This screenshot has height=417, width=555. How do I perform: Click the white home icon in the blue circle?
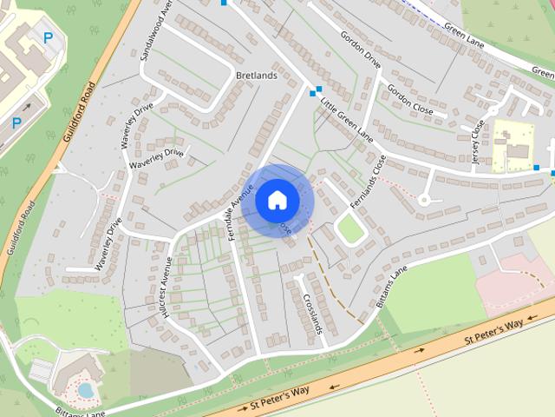coord(277,200)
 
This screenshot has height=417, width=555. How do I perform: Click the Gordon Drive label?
coord(361,50)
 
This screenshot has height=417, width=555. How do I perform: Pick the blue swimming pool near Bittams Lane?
coord(86,390)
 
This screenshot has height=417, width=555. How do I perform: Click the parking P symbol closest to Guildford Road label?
coord(16,123)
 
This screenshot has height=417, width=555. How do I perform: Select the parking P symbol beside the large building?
coord(49,38)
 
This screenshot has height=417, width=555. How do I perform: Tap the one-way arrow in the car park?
coord(26,109)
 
